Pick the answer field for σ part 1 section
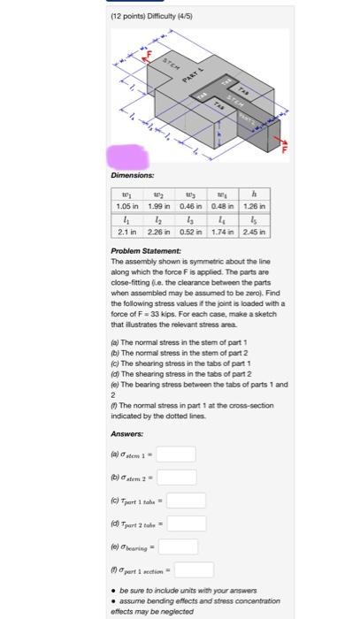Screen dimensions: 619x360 (200, 569)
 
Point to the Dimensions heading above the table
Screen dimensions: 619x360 (132, 174)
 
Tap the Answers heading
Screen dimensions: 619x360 (127, 434)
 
